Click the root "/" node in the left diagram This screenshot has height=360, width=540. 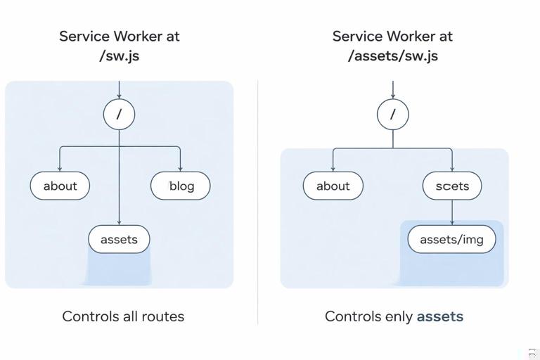119,115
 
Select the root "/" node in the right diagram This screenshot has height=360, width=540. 392,115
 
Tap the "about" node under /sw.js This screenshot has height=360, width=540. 60,186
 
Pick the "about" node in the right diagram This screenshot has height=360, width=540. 333,186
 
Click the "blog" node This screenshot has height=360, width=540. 181,186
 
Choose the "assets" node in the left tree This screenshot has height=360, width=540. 119,240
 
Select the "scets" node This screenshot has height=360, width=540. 452,186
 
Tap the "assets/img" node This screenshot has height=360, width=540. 451,240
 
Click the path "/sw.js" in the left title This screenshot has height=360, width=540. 119,56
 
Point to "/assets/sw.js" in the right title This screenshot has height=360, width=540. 392,56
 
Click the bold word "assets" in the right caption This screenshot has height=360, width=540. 439,316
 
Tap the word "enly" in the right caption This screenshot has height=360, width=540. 398,316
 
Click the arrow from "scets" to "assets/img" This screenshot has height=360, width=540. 452,213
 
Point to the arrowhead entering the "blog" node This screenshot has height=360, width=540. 181,169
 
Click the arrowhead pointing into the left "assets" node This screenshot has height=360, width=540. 119,222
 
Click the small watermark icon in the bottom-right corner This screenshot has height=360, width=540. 532,353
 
